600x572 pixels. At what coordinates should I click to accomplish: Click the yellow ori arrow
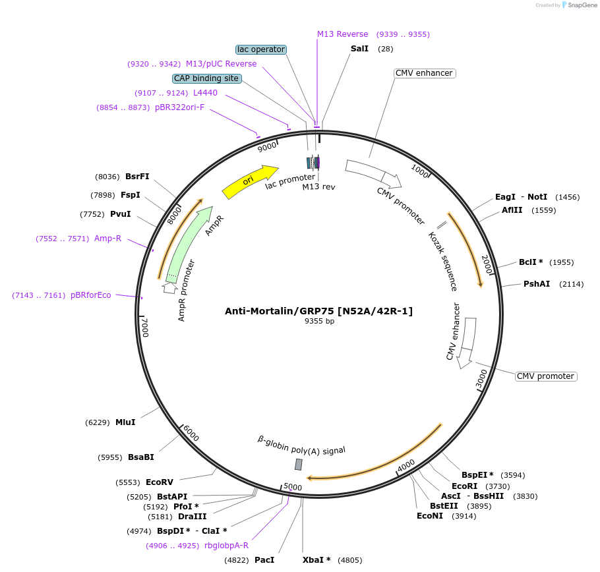[249, 181]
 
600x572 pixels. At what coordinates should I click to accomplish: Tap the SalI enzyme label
[359, 49]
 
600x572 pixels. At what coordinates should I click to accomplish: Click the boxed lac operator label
[261, 49]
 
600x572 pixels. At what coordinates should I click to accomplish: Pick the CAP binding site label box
[206, 78]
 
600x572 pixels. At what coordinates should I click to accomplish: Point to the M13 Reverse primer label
[342, 34]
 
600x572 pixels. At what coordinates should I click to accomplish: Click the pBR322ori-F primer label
[179, 107]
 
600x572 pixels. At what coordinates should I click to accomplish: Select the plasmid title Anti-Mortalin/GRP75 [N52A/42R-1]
[318, 311]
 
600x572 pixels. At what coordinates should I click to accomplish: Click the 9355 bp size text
[319, 322]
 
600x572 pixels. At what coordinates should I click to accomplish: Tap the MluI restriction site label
[125, 422]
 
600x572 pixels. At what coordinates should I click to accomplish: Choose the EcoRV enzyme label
[159, 482]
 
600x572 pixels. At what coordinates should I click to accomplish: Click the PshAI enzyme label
[536, 284]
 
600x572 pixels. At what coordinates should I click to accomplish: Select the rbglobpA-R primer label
[226, 546]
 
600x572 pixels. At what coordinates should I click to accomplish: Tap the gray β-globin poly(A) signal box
[299, 465]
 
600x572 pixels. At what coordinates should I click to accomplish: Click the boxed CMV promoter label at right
[545, 376]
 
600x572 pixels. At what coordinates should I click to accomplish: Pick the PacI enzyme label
[264, 560]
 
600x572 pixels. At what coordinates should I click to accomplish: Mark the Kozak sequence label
[442, 261]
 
